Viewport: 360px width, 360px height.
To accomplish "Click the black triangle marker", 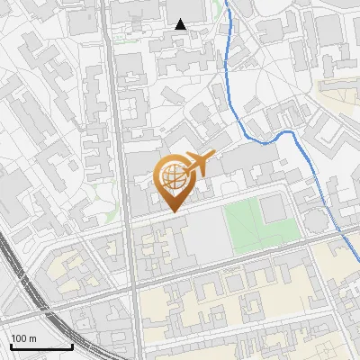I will pos(181,24).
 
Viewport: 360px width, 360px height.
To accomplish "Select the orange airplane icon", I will pos(199,165).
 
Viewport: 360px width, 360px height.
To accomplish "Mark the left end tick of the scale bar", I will pos(10,344).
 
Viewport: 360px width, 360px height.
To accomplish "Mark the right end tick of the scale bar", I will pos(72,344).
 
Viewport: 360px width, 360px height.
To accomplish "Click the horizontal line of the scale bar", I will pos(40,346).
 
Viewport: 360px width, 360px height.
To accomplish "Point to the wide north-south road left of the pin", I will pos(121,180).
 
